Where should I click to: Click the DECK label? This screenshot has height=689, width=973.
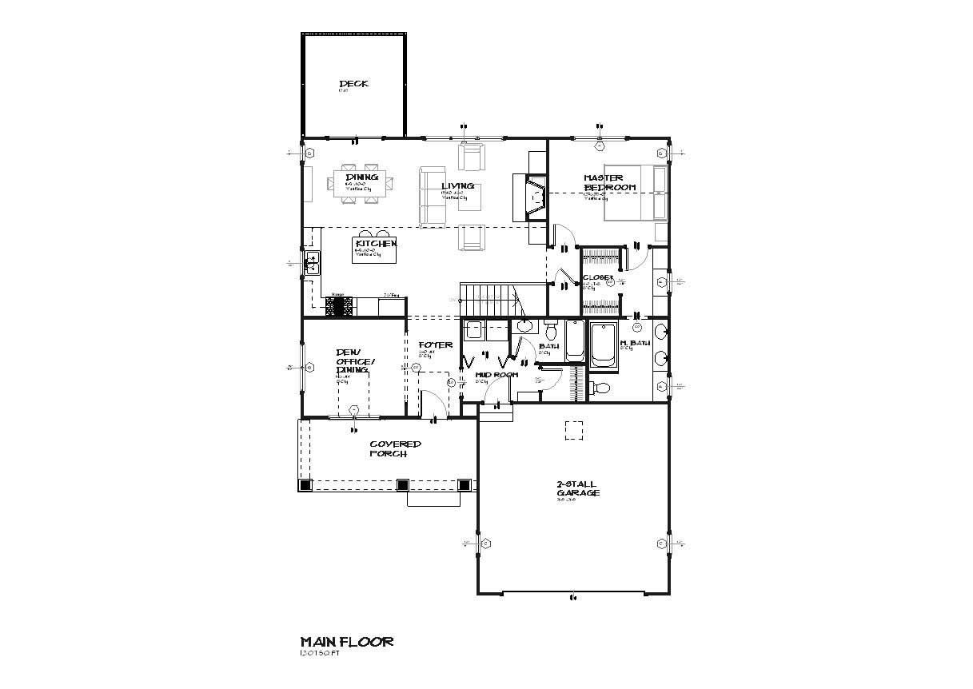tap(353, 84)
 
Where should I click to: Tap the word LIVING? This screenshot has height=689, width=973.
tap(457, 186)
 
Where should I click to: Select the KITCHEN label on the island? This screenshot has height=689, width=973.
tap(375, 243)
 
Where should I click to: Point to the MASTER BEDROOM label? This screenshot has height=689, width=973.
tap(608, 182)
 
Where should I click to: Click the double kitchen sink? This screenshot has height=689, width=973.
tap(312, 263)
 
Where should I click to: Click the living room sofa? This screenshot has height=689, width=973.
tap(433, 196)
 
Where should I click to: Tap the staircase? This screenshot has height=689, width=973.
tap(488, 299)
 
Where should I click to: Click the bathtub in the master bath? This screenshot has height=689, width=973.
tap(603, 345)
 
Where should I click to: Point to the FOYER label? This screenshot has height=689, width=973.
tap(435, 345)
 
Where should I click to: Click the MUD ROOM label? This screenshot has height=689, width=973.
tap(496, 374)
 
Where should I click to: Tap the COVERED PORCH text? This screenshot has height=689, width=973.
tap(394, 448)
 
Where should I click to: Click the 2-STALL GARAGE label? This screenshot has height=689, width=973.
tap(576, 488)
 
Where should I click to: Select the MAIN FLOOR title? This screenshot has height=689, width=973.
tap(346, 641)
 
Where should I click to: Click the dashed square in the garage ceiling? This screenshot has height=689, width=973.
tap(573, 430)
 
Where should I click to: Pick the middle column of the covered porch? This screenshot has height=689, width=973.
tap(402, 484)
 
